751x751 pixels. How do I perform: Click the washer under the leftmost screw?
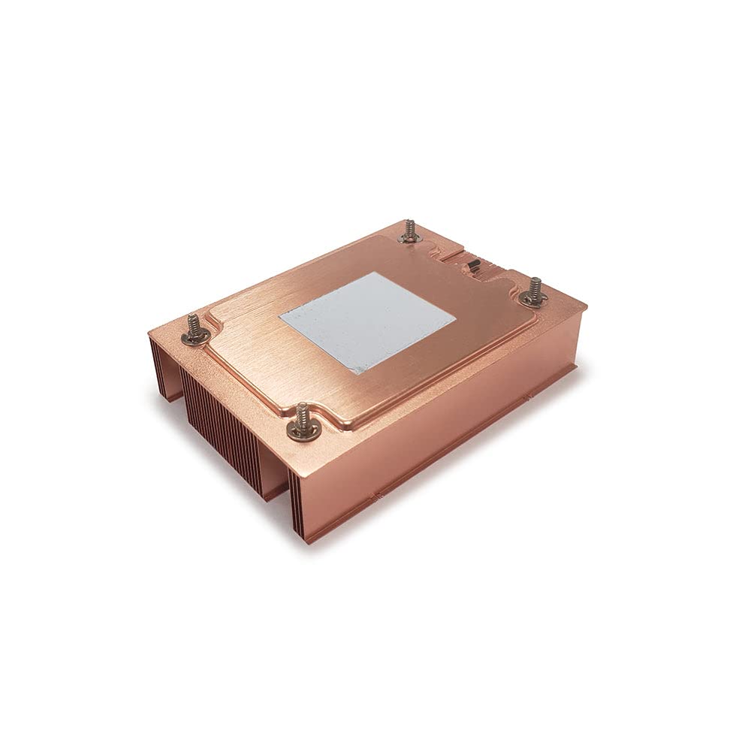[x=195, y=339]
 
